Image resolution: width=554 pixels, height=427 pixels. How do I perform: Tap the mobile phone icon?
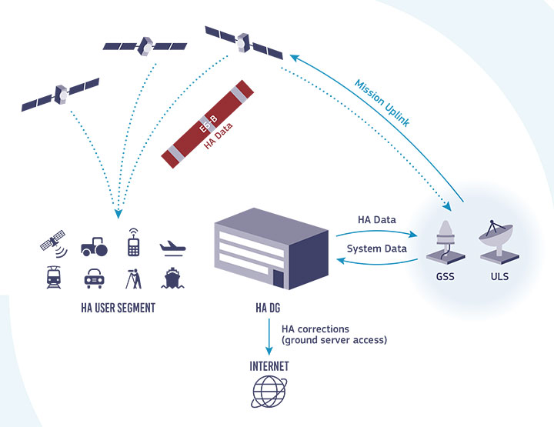tap(132, 243)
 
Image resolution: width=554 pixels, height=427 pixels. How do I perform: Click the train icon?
tap(55, 277)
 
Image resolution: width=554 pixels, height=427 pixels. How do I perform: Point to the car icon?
tap(94, 278)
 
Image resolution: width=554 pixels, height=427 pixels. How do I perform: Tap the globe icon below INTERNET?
tap(269, 390)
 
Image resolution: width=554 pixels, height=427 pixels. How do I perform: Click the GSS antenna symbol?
tap(445, 241)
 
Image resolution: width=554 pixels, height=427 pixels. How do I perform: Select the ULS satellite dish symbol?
tap(496, 240)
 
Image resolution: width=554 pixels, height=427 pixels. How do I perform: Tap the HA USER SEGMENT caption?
tap(118, 308)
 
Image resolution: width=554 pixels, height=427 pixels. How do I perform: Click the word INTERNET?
tap(269, 366)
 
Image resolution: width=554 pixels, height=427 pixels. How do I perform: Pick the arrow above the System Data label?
tap(374, 233)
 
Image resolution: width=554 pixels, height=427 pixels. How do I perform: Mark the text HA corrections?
tap(315, 329)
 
